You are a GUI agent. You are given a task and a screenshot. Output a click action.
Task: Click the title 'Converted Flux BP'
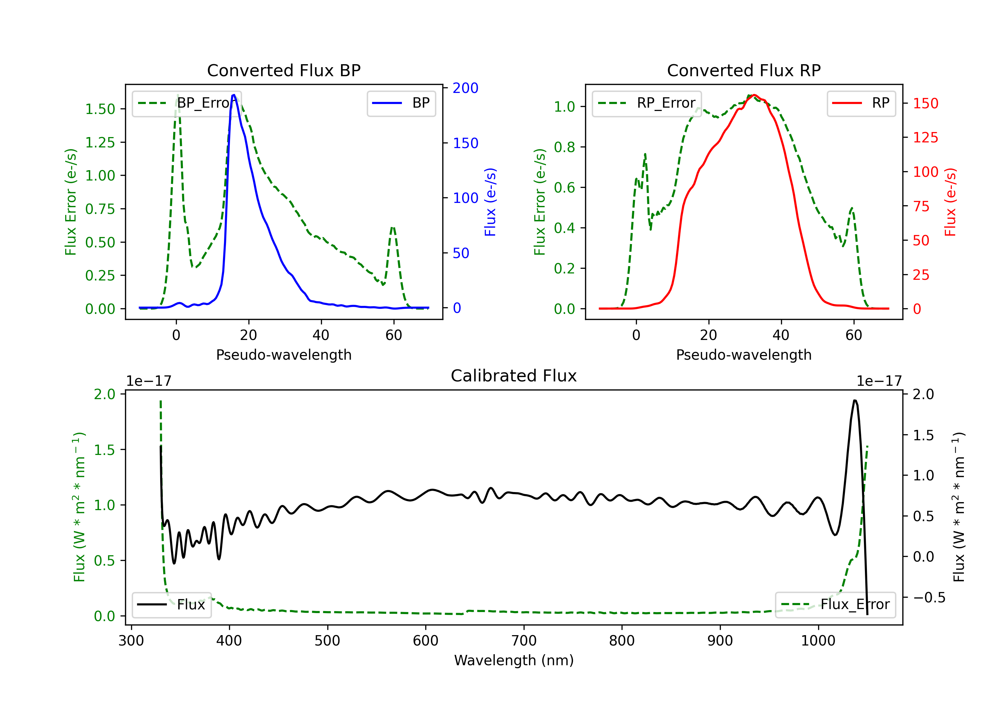pos(284,70)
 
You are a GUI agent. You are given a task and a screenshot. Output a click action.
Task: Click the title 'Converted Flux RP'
pos(744,70)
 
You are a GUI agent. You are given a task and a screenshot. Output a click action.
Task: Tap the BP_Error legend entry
pos(187,103)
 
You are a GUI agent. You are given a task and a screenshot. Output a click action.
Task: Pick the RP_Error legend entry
pos(647,103)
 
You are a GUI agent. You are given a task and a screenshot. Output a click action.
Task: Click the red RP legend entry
pos(861,103)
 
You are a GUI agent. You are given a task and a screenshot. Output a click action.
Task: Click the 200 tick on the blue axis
pos(465,88)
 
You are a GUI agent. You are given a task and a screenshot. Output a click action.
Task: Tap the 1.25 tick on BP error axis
pos(100,142)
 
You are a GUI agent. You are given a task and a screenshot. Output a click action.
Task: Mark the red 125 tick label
pos(925,138)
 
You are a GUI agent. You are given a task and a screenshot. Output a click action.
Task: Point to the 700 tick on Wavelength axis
pos(524,640)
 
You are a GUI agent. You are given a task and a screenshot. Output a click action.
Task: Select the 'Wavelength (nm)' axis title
pos(514,660)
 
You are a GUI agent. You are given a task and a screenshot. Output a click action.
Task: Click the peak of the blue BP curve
pos(234,95)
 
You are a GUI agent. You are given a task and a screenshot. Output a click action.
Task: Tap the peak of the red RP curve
pos(754,95)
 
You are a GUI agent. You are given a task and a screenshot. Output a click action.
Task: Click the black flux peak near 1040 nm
pos(855,400)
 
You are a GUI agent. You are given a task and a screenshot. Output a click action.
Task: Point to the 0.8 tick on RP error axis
pos(564,147)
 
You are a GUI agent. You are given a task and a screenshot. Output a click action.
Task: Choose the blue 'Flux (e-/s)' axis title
pos(490,202)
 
